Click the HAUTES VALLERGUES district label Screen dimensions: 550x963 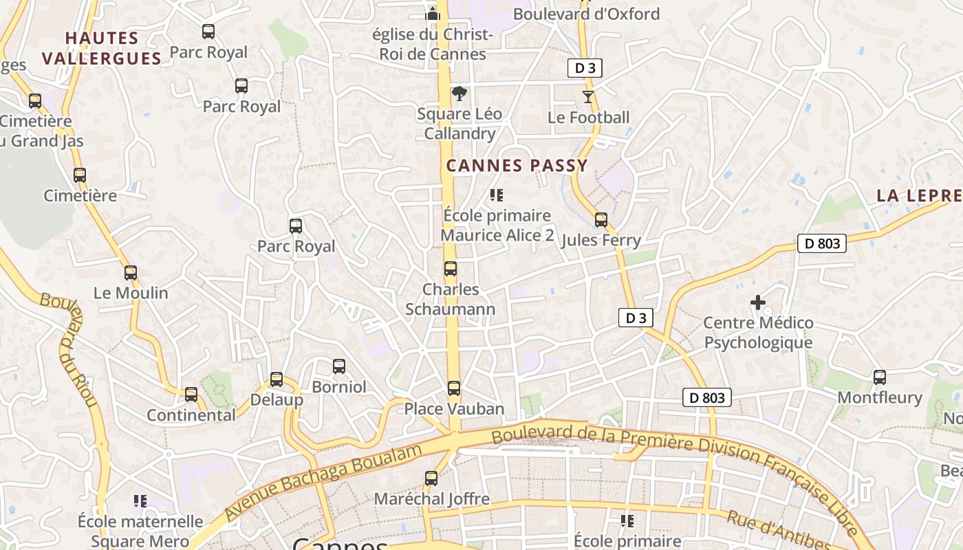tap(102, 48)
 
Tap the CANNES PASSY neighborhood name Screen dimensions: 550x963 tap(517, 166)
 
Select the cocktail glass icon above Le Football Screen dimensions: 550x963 tap(588, 97)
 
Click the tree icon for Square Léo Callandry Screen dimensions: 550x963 tap(459, 93)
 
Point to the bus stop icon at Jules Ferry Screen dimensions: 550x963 tap(601, 220)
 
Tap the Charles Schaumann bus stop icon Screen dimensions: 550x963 tap(451, 269)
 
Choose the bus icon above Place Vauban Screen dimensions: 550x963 tap(454, 388)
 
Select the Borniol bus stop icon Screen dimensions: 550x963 tap(339, 366)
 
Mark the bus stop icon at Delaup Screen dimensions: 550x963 tap(277, 379)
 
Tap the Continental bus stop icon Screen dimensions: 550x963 tap(191, 395)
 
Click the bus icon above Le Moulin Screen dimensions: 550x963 tap(131, 273)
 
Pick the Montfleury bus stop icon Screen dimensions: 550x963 tap(880, 377)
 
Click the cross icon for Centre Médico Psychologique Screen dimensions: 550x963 tap(758, 302)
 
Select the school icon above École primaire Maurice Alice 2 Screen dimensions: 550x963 tap(497, 195)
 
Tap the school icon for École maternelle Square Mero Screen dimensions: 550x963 tap(140, 501)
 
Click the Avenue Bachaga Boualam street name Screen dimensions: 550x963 tap(323, 481)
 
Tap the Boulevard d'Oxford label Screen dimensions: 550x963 tap(586, 14)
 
